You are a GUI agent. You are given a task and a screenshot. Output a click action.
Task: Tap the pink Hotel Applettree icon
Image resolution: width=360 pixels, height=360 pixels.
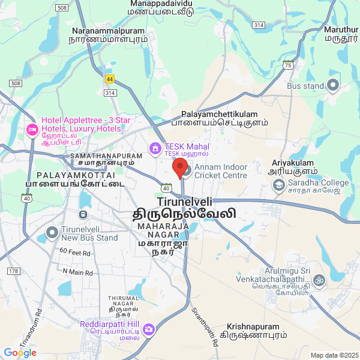click(x=32, y=129)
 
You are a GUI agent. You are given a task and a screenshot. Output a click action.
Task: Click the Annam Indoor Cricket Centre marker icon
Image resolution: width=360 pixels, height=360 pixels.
click(x=185, y=171)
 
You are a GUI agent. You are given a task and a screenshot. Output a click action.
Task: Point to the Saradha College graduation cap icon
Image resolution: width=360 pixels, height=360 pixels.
click(x=278, y=185)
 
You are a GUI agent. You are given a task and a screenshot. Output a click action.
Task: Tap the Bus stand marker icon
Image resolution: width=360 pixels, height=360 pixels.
click(x=333, y=85)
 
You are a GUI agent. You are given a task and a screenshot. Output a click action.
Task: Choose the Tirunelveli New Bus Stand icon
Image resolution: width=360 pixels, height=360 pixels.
click(x=53, y=232)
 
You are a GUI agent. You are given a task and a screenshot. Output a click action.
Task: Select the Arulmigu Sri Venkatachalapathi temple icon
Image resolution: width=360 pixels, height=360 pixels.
click(x=319, y=280)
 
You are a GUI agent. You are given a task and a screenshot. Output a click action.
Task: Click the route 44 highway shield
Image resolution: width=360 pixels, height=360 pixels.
click(x=109, y=79)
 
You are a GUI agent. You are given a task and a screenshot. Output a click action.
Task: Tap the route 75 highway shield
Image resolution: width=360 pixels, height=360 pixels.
click(x=289, y=65)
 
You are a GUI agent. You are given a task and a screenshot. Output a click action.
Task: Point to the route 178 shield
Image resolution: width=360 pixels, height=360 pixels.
click(x=13, y=272)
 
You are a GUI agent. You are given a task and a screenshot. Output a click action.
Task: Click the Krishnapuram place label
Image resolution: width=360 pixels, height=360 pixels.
click(x=253, y=327)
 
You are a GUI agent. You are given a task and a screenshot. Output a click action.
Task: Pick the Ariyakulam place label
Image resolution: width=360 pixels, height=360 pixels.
click(x=292, y=162)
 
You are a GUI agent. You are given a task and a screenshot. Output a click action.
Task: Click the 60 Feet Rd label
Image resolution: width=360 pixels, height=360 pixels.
click(x=76, y=253)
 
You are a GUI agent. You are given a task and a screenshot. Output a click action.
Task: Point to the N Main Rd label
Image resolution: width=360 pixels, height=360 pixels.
click(x=78, y=272)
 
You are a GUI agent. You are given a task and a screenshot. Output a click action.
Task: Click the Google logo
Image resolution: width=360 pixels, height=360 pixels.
click(x=20, y=353)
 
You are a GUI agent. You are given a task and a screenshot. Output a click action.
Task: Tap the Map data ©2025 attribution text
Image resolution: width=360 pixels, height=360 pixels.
click(x=334, y=355)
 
